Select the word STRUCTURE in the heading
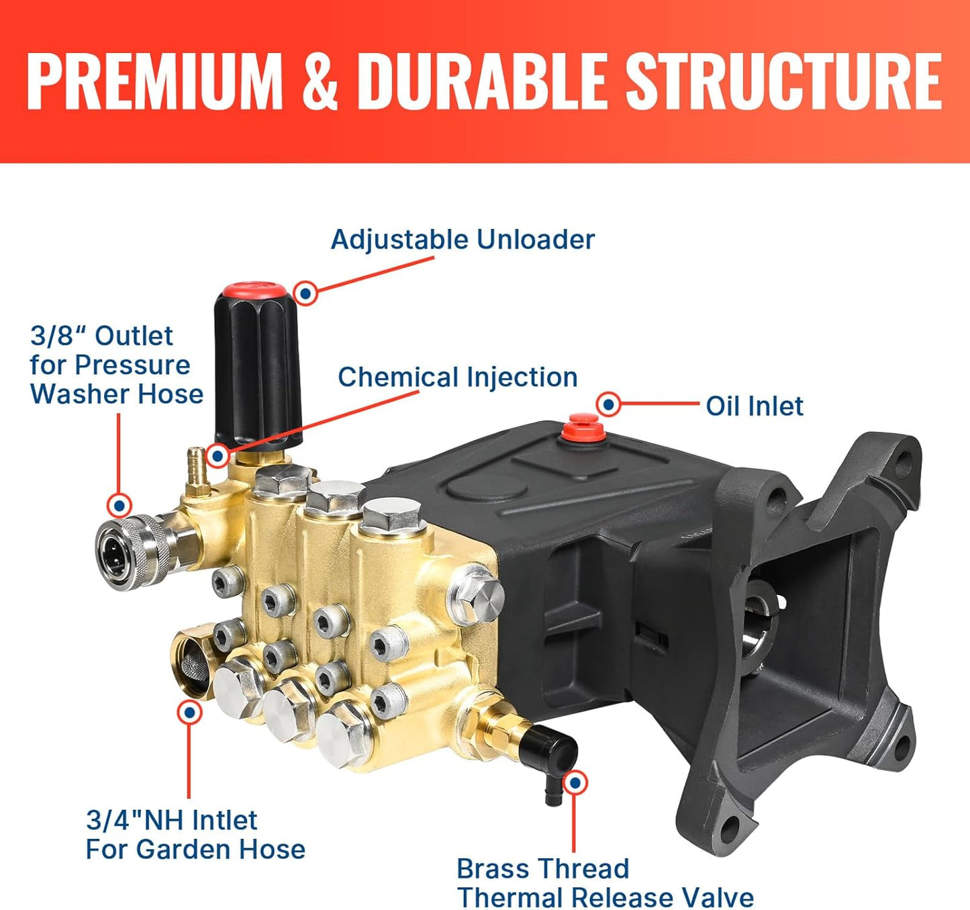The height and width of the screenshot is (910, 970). coord(784,81)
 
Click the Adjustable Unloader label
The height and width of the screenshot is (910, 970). coord(463,240)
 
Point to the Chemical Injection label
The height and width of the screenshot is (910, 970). coord(457,377)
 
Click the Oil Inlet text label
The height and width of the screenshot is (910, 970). coord(754,406)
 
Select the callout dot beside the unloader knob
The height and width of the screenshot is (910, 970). coord(306,293)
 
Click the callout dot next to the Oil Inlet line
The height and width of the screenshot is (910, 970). coord(608,404)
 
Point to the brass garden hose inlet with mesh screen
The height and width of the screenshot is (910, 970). coord(193,666)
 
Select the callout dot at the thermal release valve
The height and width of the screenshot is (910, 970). coord(575,783)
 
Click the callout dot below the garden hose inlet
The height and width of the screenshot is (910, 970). coord(190,712)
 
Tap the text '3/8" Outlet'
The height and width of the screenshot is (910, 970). coord(101,336)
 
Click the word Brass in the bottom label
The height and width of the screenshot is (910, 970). coord(495,869)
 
